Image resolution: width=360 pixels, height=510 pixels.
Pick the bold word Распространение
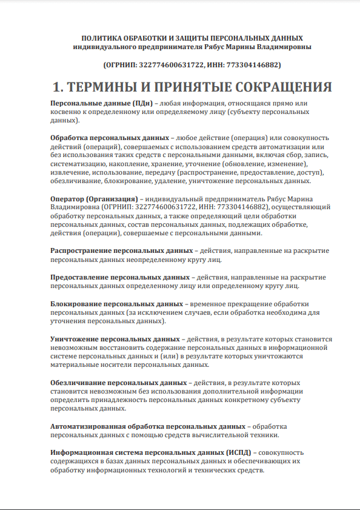tap(82, 250)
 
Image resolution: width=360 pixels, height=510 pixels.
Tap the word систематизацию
tap(79, 164)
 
